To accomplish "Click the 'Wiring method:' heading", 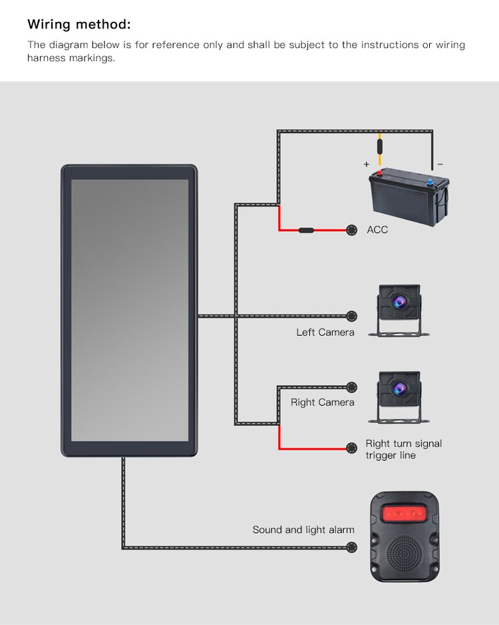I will pyautogui.click(x=79, y=25).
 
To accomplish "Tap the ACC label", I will pyautogui.click(x=377, y=230).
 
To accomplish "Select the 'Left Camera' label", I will pyautogui.click(x=325, y=332).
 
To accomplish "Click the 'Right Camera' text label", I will pyautogui.click(x=323, y=402).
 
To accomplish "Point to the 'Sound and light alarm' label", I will pyautogui.click(x=303, y=530).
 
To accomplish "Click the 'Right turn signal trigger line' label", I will pyautogui.click(x=403, y=449).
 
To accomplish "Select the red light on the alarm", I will pyautogui.click(x=405, y=514).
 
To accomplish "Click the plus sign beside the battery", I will pyautogui.click(x=366, y=164).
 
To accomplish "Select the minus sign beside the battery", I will pyautogui.click(x=440, y=164).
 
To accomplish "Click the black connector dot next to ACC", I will pyautogui.click(x=351, y=230).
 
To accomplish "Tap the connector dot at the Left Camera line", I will pyautogui.click(x=351, y=316).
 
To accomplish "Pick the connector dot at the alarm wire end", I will pyautogui.click(x=351, y=548).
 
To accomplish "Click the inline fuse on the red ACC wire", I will pyautogui.click(x=306, y=230).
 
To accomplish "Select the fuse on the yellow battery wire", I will pyautogui.click(x=380, y=147).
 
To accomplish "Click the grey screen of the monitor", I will pyautogui.click(x=129, y=310).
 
